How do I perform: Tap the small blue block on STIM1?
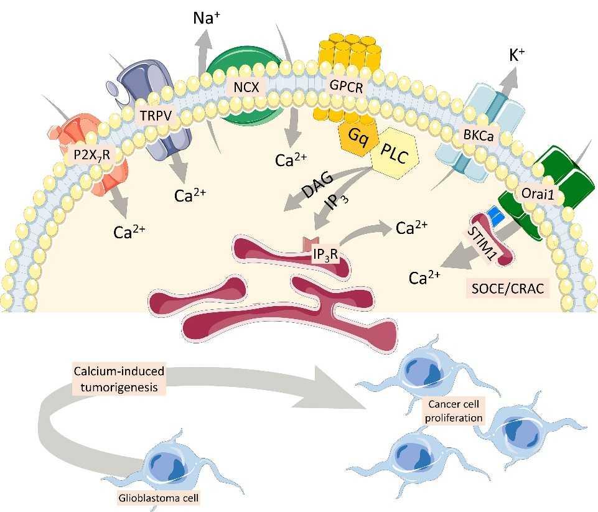click(495, 213)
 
